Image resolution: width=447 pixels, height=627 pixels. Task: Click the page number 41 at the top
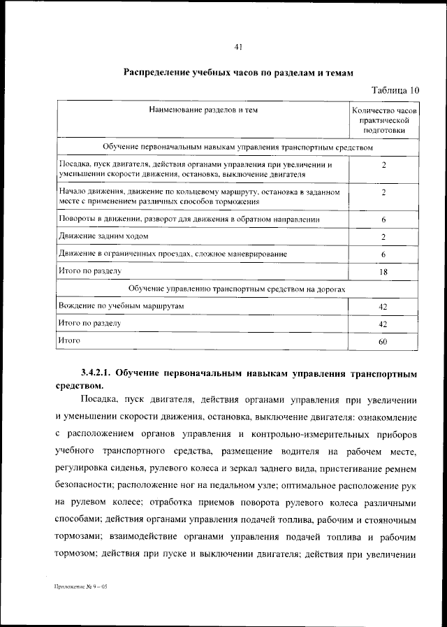click(x=238, y=48)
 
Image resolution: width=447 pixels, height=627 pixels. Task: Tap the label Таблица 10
click(x=395, y=90)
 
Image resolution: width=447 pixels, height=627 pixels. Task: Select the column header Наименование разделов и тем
click(x=203, y=110)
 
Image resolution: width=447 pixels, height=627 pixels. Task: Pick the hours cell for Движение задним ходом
click(x=383, y=238)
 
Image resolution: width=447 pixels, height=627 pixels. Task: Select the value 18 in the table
click(x=383, y=272)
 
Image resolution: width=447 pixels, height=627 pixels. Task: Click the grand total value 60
click(x=383, y=342)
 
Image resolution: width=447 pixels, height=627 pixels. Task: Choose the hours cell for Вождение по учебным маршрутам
click(x=383, y=307)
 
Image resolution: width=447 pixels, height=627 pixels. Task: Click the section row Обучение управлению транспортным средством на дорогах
click(x=237, y=289)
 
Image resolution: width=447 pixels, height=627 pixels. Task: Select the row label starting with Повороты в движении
click(x=189, y=219)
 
